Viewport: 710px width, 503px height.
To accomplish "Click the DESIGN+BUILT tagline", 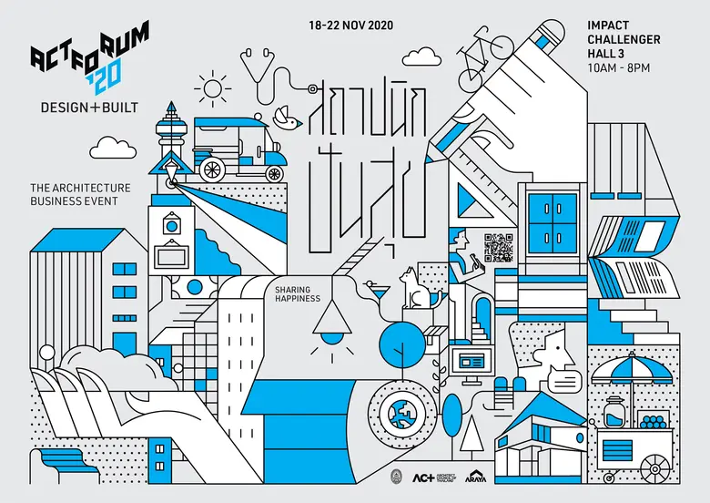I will click(x=89, y=108).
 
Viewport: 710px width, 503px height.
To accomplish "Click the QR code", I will click(x=499, y=248).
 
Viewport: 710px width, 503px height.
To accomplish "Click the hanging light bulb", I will click(x=330, y=324).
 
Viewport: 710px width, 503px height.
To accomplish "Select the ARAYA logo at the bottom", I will click(x=475, y=476).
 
